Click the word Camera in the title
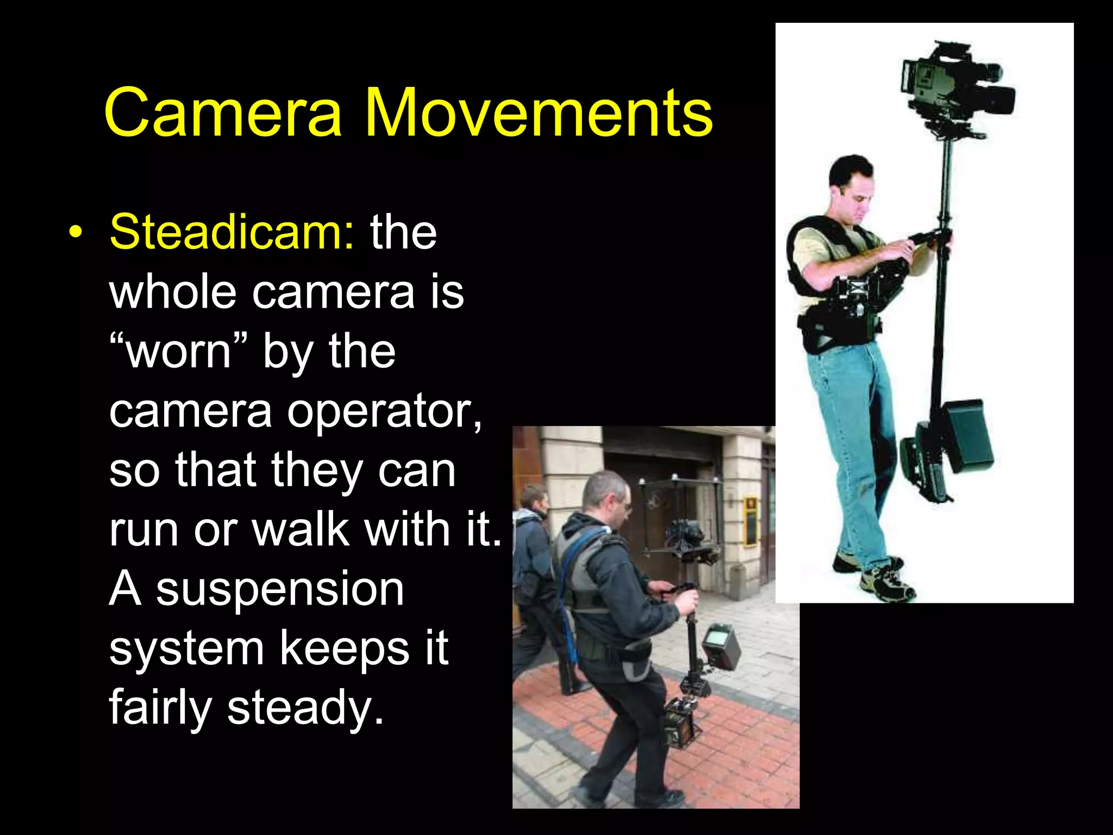[x=223, y=113]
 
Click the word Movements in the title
[x=538, y=113]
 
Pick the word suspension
[x=280, y=589]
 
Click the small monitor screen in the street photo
[x=720, y=647]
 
